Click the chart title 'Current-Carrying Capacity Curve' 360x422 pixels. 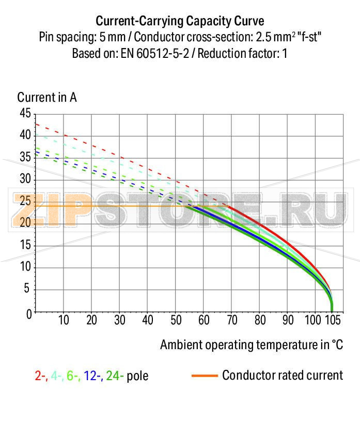180,21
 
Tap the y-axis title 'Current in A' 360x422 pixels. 47,97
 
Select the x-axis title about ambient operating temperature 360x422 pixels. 251,345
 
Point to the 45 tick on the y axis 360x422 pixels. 25,114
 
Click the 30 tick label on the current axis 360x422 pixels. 25,179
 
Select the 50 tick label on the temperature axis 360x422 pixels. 175,320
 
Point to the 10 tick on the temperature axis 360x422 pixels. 64,320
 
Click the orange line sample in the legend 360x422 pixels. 205,376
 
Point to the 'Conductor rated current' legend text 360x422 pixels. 283,375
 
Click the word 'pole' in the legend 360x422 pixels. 137,376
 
